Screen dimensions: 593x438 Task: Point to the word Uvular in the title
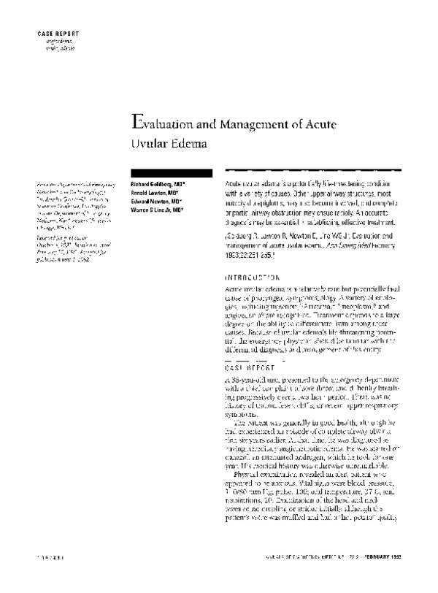(148, 143)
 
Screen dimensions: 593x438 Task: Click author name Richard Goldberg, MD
(156, 185)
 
